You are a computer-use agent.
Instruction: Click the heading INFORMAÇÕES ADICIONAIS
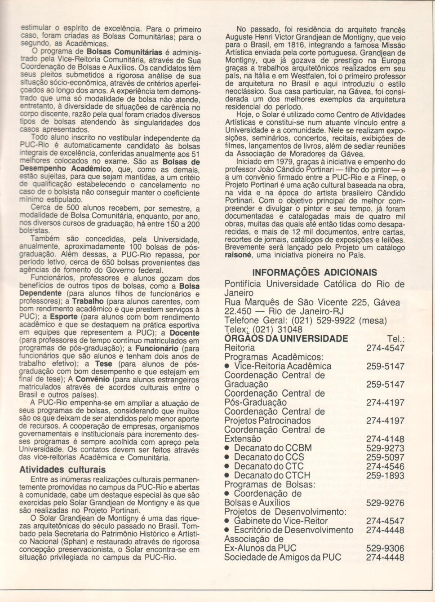pyautogui.click(x=315, y=272)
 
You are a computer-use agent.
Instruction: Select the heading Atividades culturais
pyautogui.click(x=62, y=470)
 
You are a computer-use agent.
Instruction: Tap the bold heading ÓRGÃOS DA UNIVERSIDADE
pyautogui.click(x=286, y=339)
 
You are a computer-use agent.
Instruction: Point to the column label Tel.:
pyautogui.click(x=395, y=339)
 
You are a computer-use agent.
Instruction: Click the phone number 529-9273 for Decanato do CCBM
pyautogui.click(x=385, y=448)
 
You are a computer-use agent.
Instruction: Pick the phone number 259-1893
pyautogui.click(x=385, y=475)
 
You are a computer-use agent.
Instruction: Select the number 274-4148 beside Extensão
pyautogui.click(x=385, y=439)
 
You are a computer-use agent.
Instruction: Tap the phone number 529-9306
pyautogui.click(x=385, y=548)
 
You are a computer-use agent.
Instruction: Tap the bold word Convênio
pyautogui.click(x=93, y=380)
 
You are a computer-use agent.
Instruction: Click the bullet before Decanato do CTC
pyautogui.click(x=227, y=466)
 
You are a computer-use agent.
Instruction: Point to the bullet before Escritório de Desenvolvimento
pyautogui.click(x=227, y=530)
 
